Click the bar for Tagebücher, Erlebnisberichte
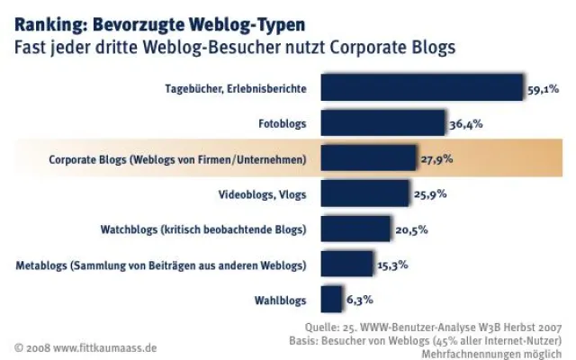[x=421, y=88]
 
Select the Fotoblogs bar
[x=382, y=123]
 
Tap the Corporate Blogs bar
[x=368, y=158]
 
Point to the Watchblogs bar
[x=355, y=229]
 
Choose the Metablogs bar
[x=346, y=264]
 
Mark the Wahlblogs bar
[x=330, y=299]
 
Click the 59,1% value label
[x=544, y=89]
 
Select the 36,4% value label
[x=465, y=124]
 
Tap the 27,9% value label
[x=436, y=159]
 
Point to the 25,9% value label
[x=429, y=194]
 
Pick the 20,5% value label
[x=411, y=229]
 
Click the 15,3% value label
[x=393, y=265]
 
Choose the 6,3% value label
[x=359, y=300]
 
